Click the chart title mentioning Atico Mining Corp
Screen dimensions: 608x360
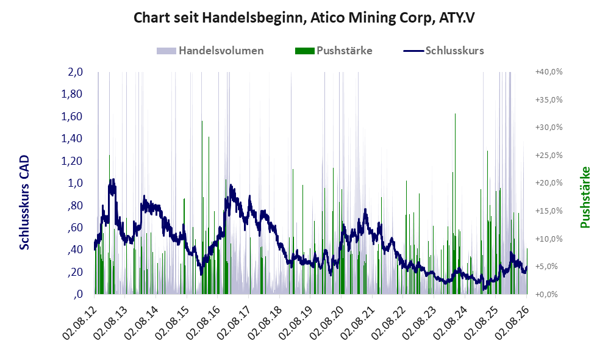click(304, 18)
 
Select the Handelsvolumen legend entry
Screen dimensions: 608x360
click(210, 51)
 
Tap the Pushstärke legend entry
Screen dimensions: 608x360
click(334, 51)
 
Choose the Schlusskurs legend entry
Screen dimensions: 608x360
click(443, 51)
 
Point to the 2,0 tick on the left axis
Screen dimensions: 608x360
click(75, 72)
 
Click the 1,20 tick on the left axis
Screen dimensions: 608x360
click(72, 160)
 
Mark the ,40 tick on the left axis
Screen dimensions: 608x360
click(75, 250)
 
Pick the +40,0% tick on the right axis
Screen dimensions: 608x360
click(549, 72)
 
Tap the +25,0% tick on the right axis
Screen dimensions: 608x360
click(549, 155)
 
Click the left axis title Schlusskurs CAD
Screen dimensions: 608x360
click(24, 203)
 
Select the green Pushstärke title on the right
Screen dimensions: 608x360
click(585, 197)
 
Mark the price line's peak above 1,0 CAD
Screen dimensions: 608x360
click(113, 179)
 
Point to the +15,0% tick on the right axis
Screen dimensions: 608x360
click(549, 211)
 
